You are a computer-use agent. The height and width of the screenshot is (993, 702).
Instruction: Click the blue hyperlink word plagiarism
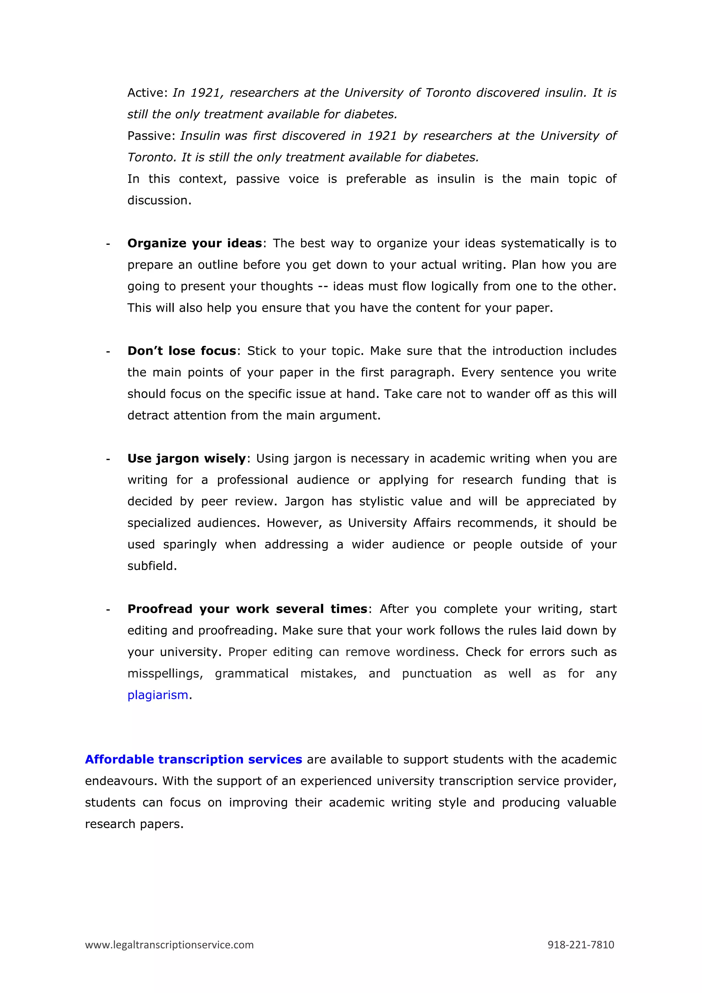(158, 695)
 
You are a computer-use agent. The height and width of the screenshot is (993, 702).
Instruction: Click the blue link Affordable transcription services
(193, 759)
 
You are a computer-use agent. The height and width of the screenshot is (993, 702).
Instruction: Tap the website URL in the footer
(169, 945)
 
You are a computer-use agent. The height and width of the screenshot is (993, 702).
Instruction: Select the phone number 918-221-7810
(581, 945)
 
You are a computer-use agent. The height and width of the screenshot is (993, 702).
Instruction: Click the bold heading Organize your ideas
(194, 243)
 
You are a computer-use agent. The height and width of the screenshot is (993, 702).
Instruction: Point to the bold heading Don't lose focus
(182, 351)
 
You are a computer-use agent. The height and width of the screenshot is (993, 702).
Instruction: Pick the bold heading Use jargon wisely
(186, 458)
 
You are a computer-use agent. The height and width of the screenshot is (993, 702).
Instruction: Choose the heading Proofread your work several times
(247, 609)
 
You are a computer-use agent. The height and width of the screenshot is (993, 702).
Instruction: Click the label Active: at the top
(147, 93)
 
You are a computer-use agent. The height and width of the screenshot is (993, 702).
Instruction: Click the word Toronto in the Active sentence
(448, 93)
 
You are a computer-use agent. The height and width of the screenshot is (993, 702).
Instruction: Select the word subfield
(152, 566)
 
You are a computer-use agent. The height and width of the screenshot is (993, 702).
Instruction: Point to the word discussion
(159, 200)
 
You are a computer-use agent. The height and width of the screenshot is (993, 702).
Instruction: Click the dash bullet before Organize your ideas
(108, 244)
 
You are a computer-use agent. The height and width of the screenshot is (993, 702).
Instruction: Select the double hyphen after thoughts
(323, 286)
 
